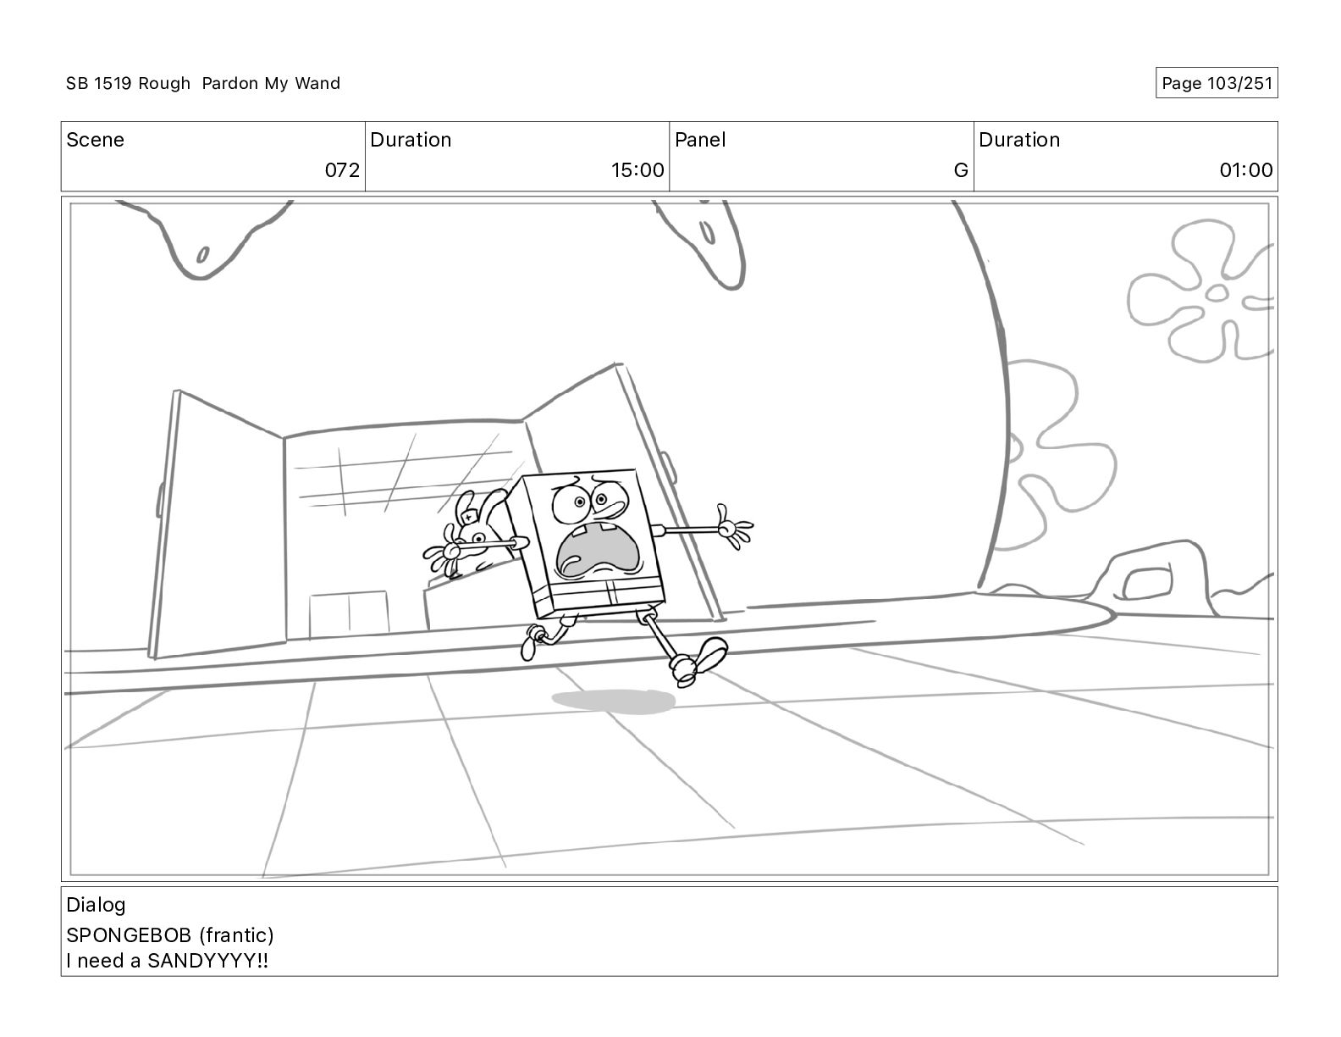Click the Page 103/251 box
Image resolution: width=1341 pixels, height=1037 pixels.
1217,83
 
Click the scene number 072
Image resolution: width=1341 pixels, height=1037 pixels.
342,169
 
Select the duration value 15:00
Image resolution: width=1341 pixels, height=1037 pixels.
637,169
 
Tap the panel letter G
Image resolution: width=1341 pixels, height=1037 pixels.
961,169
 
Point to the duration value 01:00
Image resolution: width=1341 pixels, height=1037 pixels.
1246,169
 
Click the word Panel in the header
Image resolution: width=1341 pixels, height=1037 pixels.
700,140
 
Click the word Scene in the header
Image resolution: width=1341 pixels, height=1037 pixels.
95,140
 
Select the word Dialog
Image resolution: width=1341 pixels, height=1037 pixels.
96,905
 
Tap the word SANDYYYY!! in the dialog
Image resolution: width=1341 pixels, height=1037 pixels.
207,961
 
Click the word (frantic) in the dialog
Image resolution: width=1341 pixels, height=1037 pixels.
236,935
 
